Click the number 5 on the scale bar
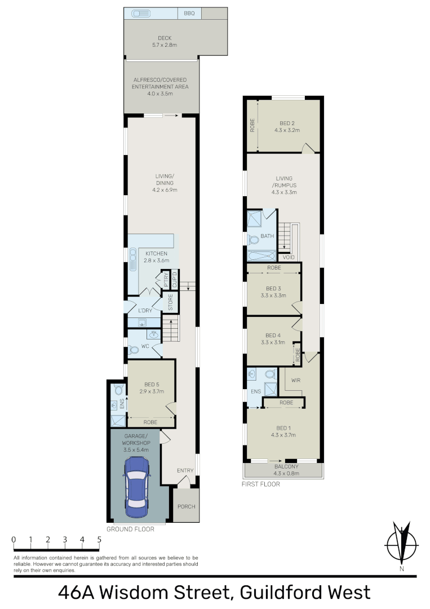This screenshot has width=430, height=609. pos(100,540)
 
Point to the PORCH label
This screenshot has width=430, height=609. pos(186,506)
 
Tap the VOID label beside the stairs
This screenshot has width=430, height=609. pos(289,257)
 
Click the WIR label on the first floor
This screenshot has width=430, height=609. pos(296,380)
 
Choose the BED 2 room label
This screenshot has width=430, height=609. pos(287,123)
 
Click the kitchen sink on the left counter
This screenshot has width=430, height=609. pos(133,262)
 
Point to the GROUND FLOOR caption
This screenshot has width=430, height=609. pos(130,529)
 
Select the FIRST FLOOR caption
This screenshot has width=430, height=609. pos(261,484)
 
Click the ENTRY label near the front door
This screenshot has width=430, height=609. pos(185,471)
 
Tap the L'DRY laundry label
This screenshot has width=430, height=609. pos(146,311)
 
